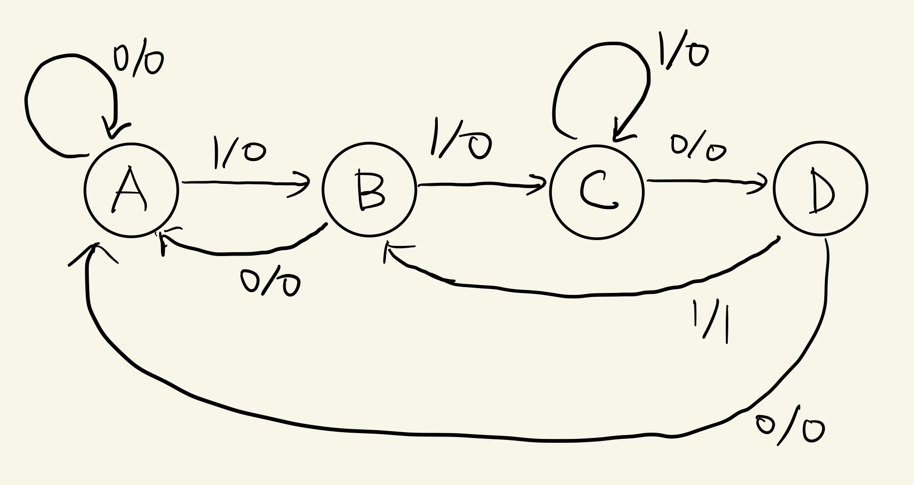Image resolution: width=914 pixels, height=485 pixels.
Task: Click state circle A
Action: click(131, 190)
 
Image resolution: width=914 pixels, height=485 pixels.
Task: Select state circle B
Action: click(369, 190)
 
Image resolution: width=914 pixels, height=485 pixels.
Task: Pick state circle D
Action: click(820, 189)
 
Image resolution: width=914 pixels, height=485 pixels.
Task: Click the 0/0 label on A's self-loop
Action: click(138, 61)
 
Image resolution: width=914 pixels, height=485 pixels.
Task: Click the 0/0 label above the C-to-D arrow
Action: click(698, 148)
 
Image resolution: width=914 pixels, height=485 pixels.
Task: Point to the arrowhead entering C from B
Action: click(538, 185)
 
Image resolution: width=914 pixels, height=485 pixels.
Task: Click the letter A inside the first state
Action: click(129, 190)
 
